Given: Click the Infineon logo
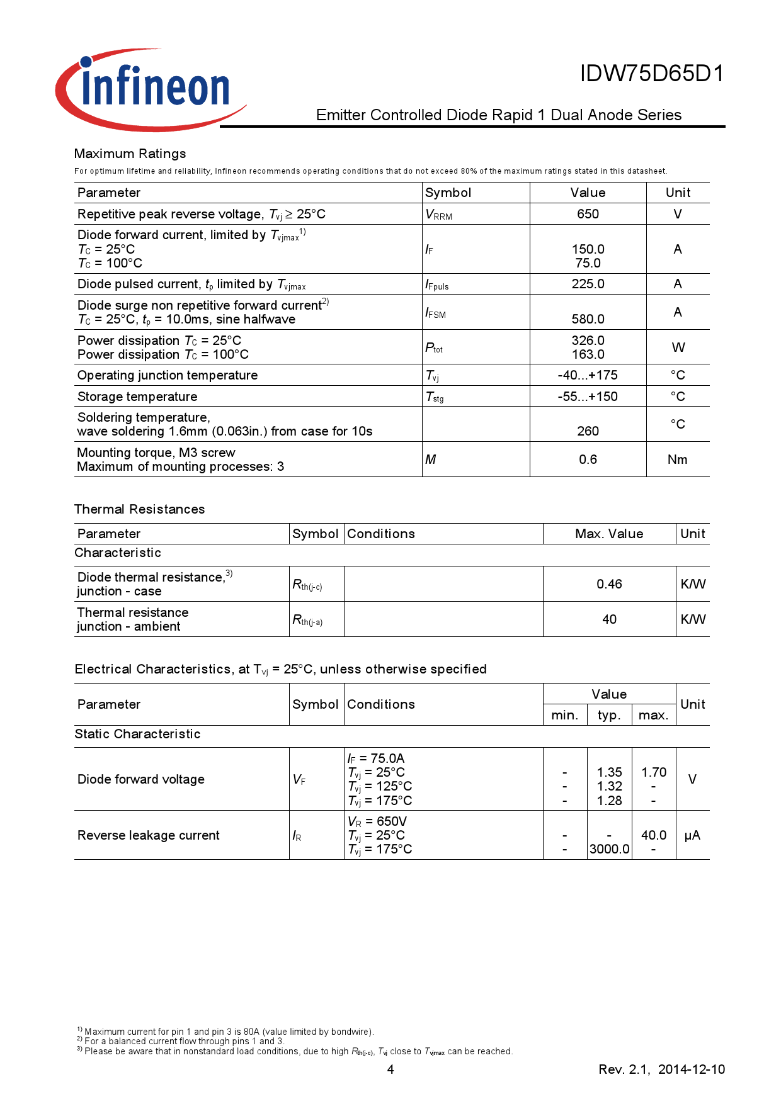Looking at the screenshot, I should [x=151, y=89].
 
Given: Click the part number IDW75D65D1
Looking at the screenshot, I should [x=652, y=74].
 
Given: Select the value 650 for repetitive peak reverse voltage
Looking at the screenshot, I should [x=588, y=214].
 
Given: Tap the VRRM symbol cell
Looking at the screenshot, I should [x=439, y=215].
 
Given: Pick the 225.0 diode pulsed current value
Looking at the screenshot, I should [x=588, y=284].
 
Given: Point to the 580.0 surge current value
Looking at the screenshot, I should [x=588, y=319].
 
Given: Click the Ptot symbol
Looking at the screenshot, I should [x=434, y=347].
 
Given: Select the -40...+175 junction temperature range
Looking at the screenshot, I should [x=588, y=375].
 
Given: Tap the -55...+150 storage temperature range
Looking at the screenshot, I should [x=588, y=397].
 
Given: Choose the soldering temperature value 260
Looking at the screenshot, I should [x=588, y=431].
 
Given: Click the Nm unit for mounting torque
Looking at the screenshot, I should [x=677, y=459].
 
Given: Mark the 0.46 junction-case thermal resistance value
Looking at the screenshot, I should [x=609, y=584].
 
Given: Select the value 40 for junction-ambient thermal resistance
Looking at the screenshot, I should [x=609, y=619].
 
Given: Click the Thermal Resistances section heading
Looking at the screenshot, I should [x=139, y=509].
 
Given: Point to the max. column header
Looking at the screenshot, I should [x=653, y=715].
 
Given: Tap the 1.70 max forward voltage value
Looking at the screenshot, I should [x=654, y=772].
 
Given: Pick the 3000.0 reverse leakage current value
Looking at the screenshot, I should [x=609, y=849].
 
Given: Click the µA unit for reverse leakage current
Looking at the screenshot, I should [x=692, y=835].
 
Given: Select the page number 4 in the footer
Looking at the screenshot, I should [x=390, y=1069].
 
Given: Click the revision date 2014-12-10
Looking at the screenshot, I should [x=691, y=1069].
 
